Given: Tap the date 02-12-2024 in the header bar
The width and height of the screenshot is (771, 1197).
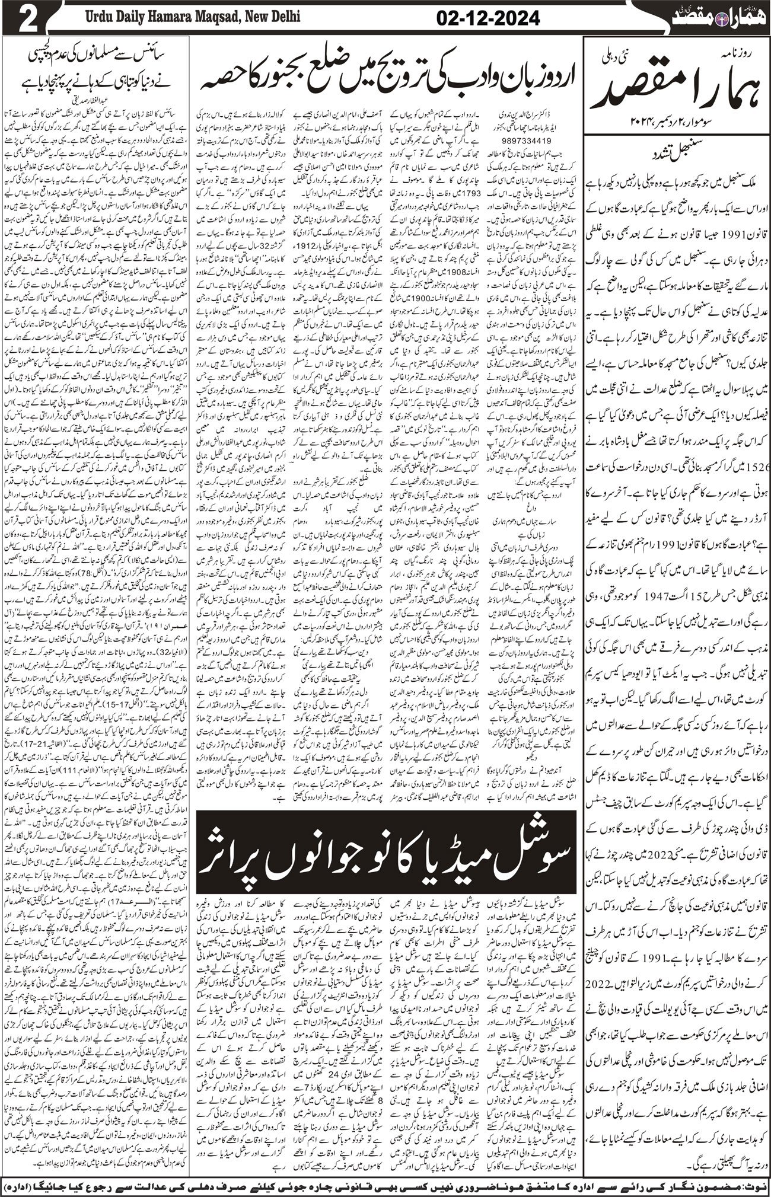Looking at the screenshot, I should (x=493, y=18).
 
